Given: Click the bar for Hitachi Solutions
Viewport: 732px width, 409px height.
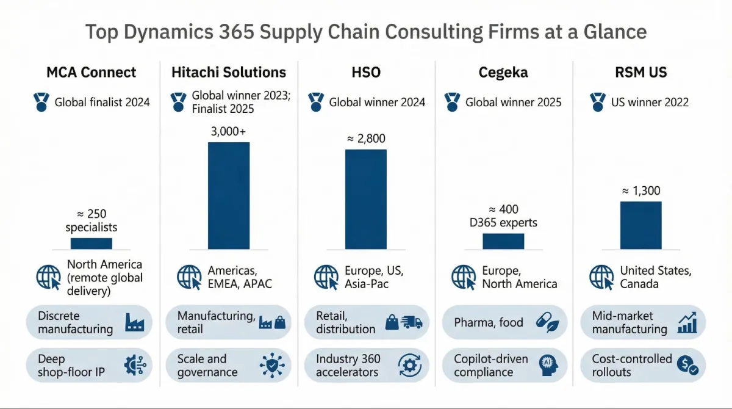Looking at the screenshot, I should pos(229,195).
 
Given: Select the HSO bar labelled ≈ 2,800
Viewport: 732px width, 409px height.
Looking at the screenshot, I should pos(366,199).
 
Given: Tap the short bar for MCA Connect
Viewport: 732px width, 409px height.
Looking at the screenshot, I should pos(91,243).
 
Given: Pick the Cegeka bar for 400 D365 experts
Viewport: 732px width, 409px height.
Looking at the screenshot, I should pos(503,241).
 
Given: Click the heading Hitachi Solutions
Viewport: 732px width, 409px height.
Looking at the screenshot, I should pos(229,73).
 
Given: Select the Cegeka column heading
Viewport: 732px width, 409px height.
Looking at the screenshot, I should pos(503,73).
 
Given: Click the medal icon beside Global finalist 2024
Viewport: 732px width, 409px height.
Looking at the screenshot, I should pos(41,102).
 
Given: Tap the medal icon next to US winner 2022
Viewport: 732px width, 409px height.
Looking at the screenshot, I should pos(598,102).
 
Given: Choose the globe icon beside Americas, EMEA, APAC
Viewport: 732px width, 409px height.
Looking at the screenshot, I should pos(189,277).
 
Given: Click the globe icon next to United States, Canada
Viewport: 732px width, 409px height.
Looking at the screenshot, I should pos(601,277).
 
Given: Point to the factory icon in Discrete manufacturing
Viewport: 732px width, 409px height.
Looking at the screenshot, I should pos(134,322).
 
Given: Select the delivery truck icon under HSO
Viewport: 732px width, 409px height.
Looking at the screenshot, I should pos(412,322).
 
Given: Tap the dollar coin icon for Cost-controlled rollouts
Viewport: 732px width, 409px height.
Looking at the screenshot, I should pos(687,365).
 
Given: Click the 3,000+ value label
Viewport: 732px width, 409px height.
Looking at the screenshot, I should pos(229,132).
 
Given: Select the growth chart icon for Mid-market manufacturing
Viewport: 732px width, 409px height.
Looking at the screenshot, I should pos(687,322).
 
